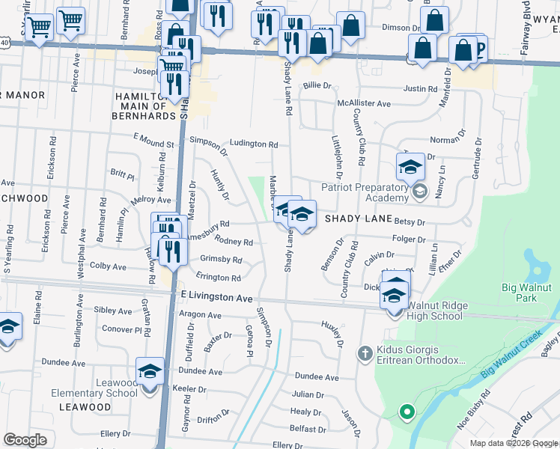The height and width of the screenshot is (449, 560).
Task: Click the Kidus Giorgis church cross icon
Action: click(364, 352)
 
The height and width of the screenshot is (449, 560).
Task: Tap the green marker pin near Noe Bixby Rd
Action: click(406, 412)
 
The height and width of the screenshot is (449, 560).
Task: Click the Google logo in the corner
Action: click(25, 440)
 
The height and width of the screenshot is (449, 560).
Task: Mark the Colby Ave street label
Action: click(108, 266)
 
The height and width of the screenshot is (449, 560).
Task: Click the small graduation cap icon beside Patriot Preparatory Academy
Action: click(419, 192)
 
